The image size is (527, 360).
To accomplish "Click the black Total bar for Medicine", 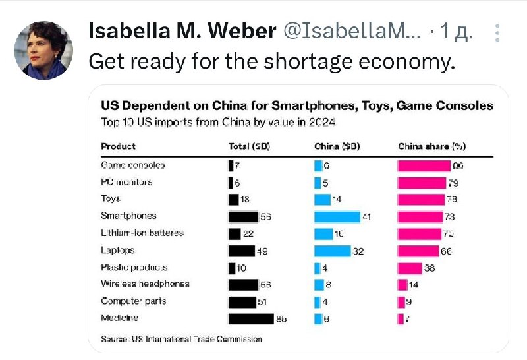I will point(250,318).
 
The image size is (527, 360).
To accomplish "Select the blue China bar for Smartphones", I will point(337,216).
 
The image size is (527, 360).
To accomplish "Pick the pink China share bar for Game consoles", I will point(424,165).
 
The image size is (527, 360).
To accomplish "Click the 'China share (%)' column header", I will point(431,146).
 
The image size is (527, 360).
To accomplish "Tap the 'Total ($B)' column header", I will point(248,146).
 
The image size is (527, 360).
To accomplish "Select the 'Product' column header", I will point(118,146).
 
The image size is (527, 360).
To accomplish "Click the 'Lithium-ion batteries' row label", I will point(142,233).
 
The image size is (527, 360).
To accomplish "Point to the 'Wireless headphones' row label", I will point(145,284).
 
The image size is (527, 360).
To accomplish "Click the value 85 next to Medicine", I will point(281,319).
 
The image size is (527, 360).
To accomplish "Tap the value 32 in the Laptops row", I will point(358,251).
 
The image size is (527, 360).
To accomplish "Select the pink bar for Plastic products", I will point(410,268).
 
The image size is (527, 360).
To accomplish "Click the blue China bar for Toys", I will point(322,199).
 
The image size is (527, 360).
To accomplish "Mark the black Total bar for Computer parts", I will point(242,302).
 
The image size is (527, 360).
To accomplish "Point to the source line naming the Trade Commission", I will point(181,339).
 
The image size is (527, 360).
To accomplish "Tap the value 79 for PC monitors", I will point(453,183).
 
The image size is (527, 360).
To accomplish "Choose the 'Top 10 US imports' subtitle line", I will point(218,121).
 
